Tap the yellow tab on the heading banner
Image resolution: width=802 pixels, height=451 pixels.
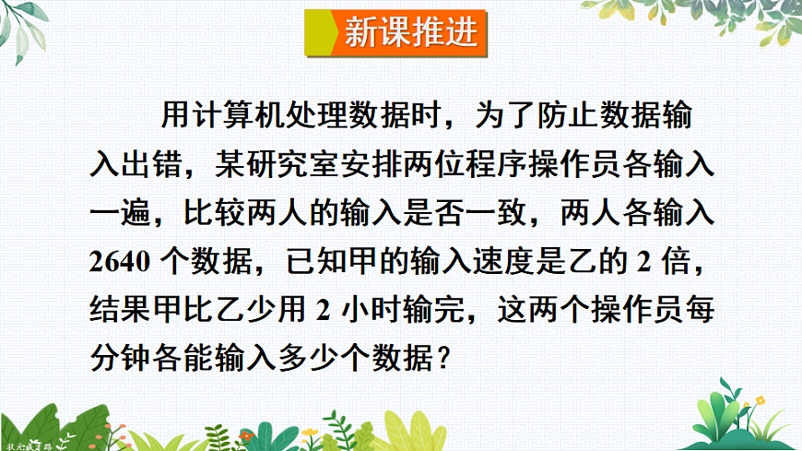(x=321, y=34)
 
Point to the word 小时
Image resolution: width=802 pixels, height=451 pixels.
(x=381, y=308)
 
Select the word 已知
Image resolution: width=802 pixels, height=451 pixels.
(x=319, y=260)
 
